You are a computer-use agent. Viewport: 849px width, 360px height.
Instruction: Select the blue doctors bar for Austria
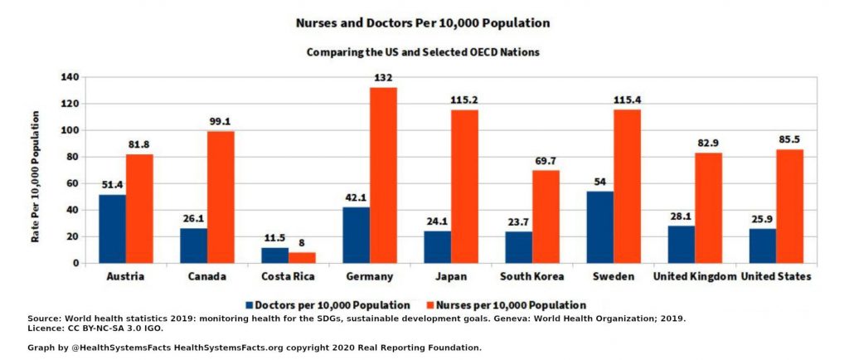[112, 228]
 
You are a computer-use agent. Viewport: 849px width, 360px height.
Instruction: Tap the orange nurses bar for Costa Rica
[302, 257]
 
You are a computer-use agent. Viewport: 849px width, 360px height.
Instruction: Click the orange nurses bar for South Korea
[546, 216]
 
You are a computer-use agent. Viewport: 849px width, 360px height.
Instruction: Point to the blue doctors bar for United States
[763, 246]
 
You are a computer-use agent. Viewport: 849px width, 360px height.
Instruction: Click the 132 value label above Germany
[383, 78]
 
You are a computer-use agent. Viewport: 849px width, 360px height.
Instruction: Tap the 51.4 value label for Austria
[112, 185]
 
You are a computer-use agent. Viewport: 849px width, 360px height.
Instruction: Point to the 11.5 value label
[274, 238]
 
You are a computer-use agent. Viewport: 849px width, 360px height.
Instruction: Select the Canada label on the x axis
[206, 276]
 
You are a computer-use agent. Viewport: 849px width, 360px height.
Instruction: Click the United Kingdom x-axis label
[695, 276]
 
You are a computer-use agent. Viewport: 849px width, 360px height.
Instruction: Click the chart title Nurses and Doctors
[423, 23]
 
